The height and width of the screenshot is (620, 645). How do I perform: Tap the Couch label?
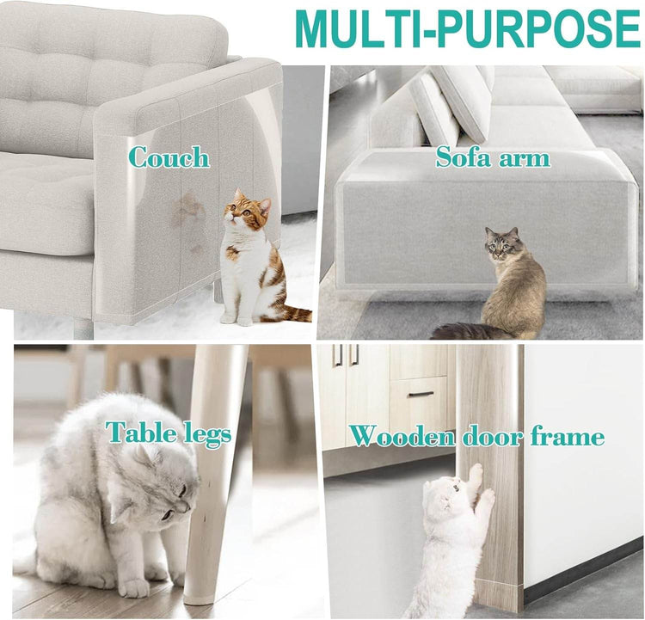(168, 157)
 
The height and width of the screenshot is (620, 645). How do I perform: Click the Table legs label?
(169, 433)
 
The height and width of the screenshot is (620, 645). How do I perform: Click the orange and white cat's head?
(247, 213)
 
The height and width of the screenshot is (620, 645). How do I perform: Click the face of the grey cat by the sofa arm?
(498, 245)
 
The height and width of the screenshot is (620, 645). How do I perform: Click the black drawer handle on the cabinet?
(421, 395)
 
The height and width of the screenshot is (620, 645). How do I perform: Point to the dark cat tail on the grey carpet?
(460, 330)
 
